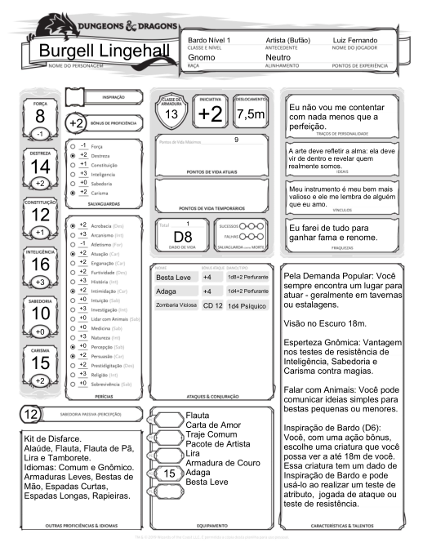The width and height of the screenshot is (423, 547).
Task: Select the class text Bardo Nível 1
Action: tap(209, 40)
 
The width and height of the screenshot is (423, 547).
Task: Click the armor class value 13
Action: tap(171, 115)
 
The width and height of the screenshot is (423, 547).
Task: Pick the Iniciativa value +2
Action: tap(210, 115)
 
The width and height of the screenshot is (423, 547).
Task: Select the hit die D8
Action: tap(182, 236)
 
